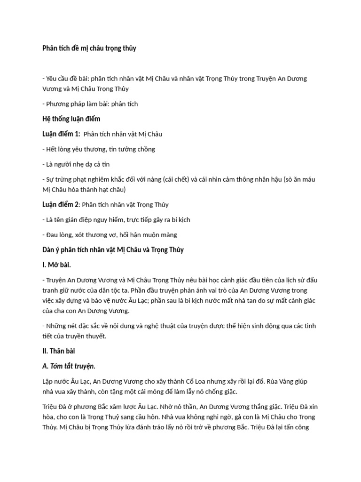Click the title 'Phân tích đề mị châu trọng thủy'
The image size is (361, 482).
coord(89,48)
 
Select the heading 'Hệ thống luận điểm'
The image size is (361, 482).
coord(71,119)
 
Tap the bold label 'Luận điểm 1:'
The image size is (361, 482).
coord(61,134)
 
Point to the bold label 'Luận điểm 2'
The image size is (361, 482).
coord(60,204)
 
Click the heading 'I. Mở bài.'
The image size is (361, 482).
coord(57,265)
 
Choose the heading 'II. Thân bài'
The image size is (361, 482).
coord(59,351)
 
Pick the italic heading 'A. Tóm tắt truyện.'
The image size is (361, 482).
coord(69,366)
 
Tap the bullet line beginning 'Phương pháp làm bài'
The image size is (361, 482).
coord(90,104)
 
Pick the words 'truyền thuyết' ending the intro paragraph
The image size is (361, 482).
coord(88,336)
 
